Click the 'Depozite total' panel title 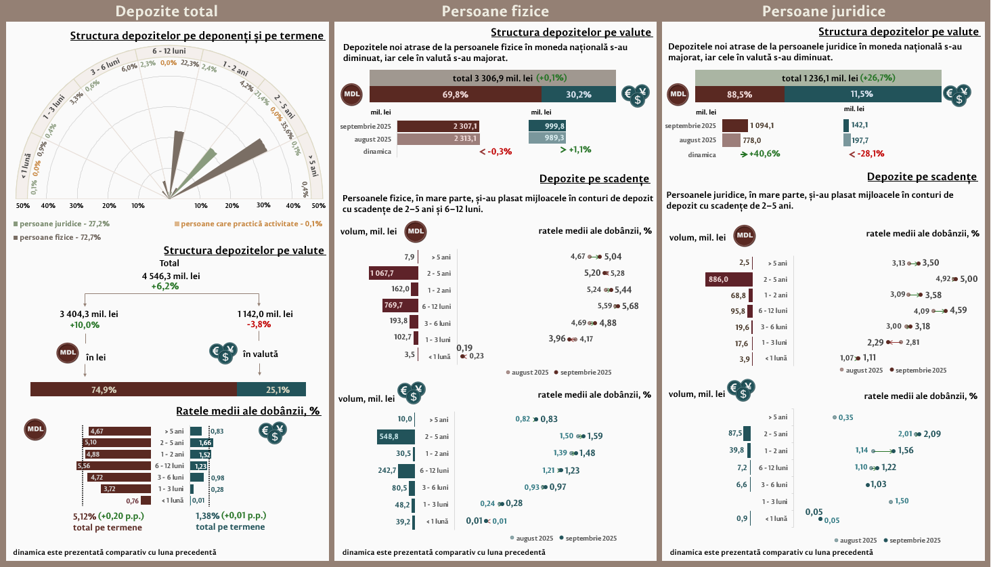tap(167, 12)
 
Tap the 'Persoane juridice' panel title tap(823, 12)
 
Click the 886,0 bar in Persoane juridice tap(728, 279)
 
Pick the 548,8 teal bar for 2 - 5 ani tap(396, 437)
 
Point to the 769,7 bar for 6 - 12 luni tap(400, 306)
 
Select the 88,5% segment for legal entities tap(739, 94)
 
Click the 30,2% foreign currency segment tap(578, 94)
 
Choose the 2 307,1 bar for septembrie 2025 tap(437, 126)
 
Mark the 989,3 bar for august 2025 tap(547, 138)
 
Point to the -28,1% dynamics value tap(870, 154)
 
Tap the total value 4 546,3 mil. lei tap(171, 276)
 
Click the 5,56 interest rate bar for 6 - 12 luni tap(114, 466)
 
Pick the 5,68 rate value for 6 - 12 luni tap(630, 306)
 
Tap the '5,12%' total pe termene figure tap(85, 516)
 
